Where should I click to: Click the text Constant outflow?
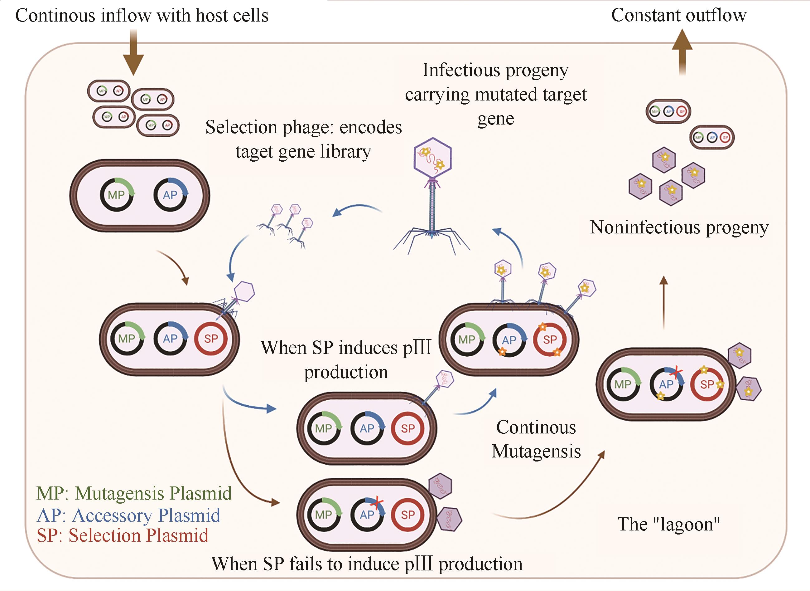[678, 15]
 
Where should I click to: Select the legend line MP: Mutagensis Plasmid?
[134, 493]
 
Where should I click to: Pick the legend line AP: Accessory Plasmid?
[128, 515]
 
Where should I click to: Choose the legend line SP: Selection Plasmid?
[123, 535]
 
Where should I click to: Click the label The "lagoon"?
[668, 524]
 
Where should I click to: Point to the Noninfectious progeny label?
[679, 227]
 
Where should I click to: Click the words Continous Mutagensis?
[536, 439]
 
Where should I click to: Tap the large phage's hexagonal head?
[432, 157]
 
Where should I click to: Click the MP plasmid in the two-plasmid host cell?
[117, 195]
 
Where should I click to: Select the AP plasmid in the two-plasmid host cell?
[170, 195]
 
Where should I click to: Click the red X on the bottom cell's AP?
[376, 503]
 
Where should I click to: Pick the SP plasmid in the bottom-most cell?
[407, 515]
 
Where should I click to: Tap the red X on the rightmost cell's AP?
[675, 373]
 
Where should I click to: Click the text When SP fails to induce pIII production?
[367, 564]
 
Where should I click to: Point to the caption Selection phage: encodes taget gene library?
[303, 139]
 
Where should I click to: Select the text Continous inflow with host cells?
[142, 16]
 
